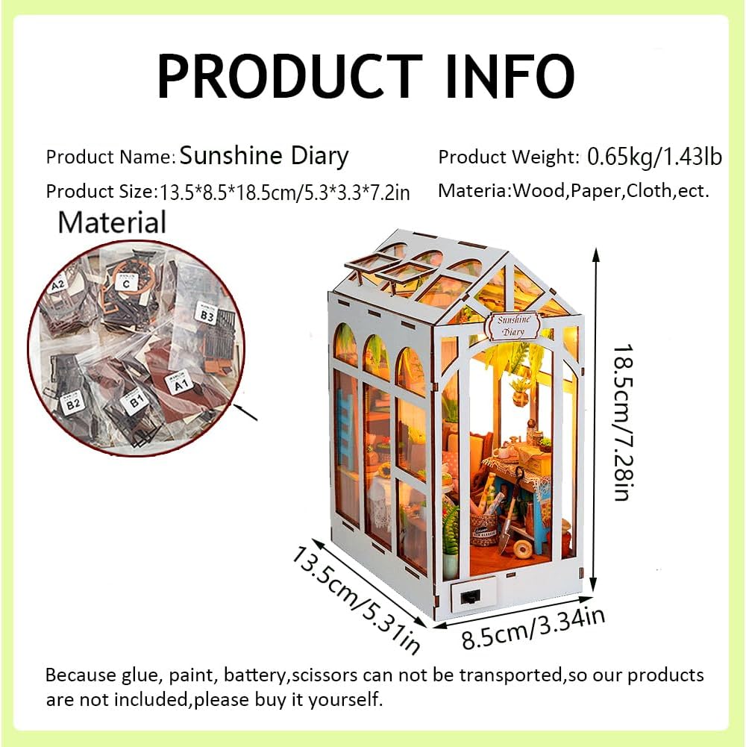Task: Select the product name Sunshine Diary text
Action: (x=264, y=156)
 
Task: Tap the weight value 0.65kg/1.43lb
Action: (x=654, y=157)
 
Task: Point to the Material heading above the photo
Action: (x=112, y=222)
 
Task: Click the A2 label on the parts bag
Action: (x=57, y=284)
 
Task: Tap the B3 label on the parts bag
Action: (x=206, y=314)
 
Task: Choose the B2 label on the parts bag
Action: (x=72, y=404)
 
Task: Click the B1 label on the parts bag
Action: (x=135, y=404)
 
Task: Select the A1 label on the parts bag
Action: (x=180, y=385)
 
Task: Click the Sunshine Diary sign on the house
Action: (x=514, y=325)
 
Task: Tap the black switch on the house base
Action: (x=470, y=597)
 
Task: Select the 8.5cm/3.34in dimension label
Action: (x=533, y=629)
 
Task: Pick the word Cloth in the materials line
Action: (x=648, y=190)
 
